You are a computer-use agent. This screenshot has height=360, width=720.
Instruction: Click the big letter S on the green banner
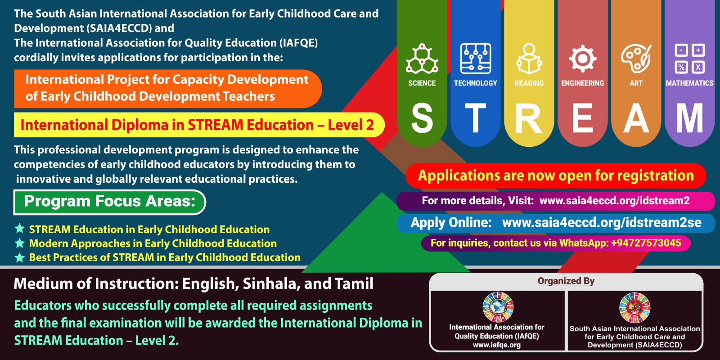pyautogui.click(x=422, y=118)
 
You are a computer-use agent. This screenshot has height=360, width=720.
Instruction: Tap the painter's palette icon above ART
pyautogui.click(x=636, y=59)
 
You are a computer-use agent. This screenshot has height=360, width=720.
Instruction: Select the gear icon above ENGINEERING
pyautogui.click(x=582, y=59)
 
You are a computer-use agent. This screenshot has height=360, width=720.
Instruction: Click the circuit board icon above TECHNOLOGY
pyautogui.click(x=475, y=59)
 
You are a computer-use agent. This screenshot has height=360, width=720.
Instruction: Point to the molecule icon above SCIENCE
pyautogui.click(x=422, y=59)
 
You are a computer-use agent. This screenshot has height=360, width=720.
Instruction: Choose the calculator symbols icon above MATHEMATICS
pyautogui.click(x=689, y=59)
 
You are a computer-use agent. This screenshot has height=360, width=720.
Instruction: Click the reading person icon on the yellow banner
pyautogui.click(x=529, y=59)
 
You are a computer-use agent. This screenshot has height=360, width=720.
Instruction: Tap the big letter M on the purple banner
pyautogui.click(x=689, y=118)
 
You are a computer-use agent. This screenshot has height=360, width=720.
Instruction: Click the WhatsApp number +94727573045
pyautogui.click(x=646, y=243)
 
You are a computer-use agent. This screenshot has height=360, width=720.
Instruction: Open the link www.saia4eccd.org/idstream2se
pyautogui.click(x=602, y=222)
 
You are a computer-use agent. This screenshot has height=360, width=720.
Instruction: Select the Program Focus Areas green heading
pyautogui.click(x=110, y=202)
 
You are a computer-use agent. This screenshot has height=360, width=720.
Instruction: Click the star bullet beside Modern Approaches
pyautogui.click(x=20, y=243)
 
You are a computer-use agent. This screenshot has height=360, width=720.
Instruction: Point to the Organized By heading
pyautogui.click(x=566, y=281)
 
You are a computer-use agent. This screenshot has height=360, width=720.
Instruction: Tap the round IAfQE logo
pyautogui.click(x=498, y=307)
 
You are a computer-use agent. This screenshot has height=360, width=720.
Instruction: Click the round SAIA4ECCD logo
pyautogui.click(x=635, y=308)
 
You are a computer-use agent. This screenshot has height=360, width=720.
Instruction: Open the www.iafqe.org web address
pyautogui.click(x=497, y=345)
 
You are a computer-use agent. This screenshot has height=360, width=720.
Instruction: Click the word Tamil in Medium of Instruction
pyautogui.click(x=354, y=283)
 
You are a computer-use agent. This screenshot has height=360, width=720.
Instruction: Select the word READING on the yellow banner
pyautogui.click(x=529, y=83)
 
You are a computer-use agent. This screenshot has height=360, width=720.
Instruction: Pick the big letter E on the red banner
pyautogui.click(x=582, y=118)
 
